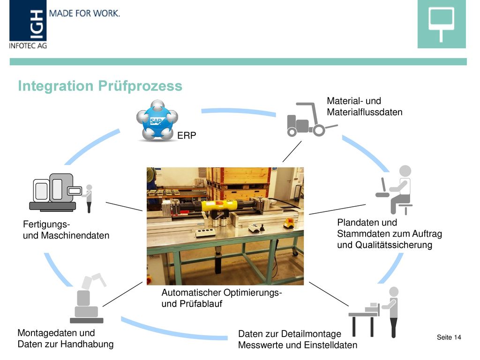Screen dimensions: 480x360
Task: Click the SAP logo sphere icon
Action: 157,120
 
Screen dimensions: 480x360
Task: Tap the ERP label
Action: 187,135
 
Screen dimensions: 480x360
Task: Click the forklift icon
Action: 312,120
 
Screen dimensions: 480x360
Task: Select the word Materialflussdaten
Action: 364,112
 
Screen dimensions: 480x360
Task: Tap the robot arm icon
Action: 88,299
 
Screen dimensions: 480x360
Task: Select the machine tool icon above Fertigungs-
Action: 60,193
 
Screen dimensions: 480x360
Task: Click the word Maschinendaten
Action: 75,235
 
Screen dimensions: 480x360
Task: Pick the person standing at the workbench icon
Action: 374,312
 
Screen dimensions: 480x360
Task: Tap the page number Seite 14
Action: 449,337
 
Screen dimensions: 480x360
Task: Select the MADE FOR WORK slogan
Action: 84,14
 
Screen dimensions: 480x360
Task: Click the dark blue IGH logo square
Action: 28,21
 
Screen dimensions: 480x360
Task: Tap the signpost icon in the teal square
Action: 441,24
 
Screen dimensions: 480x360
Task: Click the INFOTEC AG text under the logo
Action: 28,45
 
